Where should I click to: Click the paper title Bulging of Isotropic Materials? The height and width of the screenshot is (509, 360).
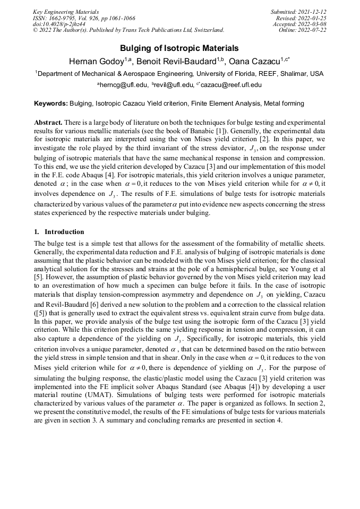179,48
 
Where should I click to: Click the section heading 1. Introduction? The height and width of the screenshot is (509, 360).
59,232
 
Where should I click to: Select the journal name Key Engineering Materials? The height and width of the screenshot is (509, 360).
66,12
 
